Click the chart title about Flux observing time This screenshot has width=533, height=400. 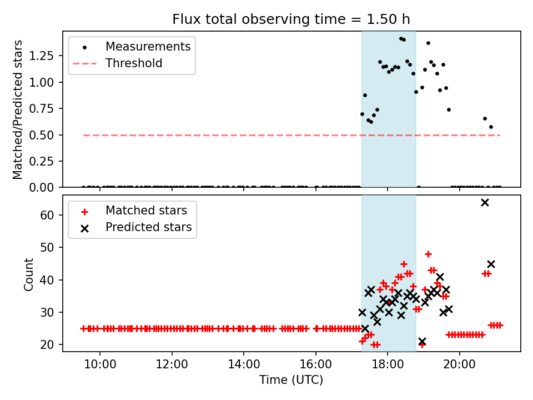tap(291, 19)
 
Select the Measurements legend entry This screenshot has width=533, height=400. tap(148, 46)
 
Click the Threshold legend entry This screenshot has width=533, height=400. tap(134, 63)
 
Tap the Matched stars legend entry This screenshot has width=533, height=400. tap(146, 211)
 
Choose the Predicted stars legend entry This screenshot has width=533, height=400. tap(148, 227)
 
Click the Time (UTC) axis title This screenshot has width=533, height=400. tap(291, 380)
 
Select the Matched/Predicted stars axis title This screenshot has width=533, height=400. tap(18, 109)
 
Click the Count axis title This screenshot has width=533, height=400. tap(29, 274)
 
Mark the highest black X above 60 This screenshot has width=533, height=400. tap(485, 203)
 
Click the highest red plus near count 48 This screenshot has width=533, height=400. tap(428, 254)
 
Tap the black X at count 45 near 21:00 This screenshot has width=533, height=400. tap(491, 264)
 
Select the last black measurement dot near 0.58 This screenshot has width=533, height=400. tap(491, 127)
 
